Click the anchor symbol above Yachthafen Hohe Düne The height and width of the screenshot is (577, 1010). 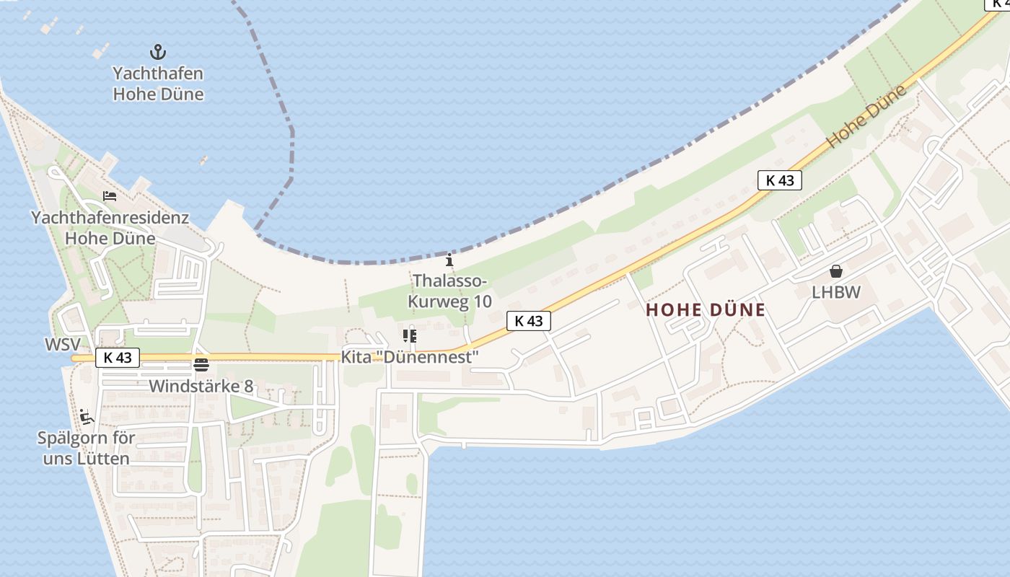[x=157, y=52]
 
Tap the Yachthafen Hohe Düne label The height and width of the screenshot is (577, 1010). [x=158, y=84]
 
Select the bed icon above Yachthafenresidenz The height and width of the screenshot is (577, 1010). [x=110, y=195]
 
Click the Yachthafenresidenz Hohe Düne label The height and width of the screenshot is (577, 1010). [x=110, y=228]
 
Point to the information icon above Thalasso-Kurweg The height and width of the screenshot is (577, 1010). [x=449, y=260]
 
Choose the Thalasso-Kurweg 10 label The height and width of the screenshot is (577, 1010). [x=449, y=291]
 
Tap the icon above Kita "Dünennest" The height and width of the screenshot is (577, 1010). [x=410, y=336]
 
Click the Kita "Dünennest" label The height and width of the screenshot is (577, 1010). [x=410, y=357]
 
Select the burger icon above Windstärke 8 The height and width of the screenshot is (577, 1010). [x=201, y=364]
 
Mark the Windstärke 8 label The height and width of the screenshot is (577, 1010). [x=201, y=386]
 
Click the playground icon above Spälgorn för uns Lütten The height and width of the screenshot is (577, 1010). [x=87, y=416]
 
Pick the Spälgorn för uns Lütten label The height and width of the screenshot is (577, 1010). [x=86, y=448]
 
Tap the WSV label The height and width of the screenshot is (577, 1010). [x=63, y=345]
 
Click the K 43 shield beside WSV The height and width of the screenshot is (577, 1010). [x=118, y=357]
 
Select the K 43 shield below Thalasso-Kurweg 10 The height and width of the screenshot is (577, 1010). [x=529, y=321]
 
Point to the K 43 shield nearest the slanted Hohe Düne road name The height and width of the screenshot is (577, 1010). [x=780, y=180]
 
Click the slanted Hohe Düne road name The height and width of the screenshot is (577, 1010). [x=866, y=117]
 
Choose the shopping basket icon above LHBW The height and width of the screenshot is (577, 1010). [x=836, y=271]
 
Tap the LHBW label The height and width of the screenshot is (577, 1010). [x=836, y=292]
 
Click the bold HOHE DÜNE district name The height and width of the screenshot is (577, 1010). [x=705, y=310]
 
